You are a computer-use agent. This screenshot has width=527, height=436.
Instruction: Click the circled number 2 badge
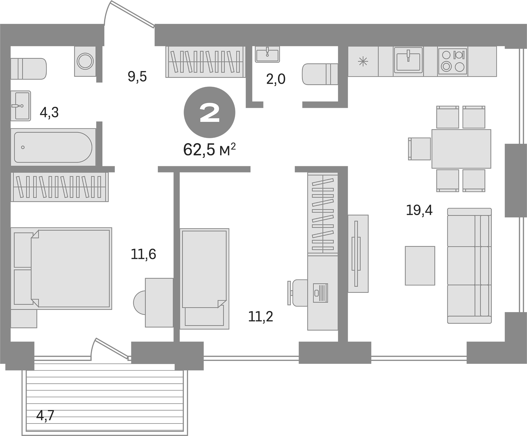(x=209, y=112)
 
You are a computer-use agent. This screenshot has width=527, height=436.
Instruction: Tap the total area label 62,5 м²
(x=209, y=150)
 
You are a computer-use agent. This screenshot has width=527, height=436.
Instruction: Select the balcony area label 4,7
(x=45, y=415)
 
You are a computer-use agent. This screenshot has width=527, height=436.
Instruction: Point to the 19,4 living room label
(x=419, y=210)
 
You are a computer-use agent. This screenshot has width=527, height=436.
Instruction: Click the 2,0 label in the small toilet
(x=276, y=79)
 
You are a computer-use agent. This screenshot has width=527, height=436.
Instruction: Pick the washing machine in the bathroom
(x=85, y=61)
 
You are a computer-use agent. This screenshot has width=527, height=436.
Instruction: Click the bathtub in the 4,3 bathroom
(x=53, y=147)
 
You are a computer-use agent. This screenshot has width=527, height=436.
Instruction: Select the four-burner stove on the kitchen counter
(x=453, y=61)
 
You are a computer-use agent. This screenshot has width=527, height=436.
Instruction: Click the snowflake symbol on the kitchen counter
(x=363, y=61)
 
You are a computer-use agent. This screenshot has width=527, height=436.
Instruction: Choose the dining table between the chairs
(x=461, y=149)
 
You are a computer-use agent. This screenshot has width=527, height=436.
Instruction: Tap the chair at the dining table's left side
(x=420, y=149)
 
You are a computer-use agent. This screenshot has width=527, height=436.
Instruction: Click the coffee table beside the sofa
(x=420, y=266)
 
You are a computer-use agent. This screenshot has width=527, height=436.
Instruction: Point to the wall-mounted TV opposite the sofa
(x=356, y=253)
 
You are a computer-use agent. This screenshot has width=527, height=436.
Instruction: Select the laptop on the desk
(x=320, y=293)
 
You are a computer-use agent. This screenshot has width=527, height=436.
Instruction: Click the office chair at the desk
(x=299, y=293)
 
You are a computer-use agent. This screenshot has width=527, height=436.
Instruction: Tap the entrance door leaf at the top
(x=133, y=14)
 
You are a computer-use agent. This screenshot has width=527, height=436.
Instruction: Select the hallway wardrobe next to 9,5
(x=205, y=62)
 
